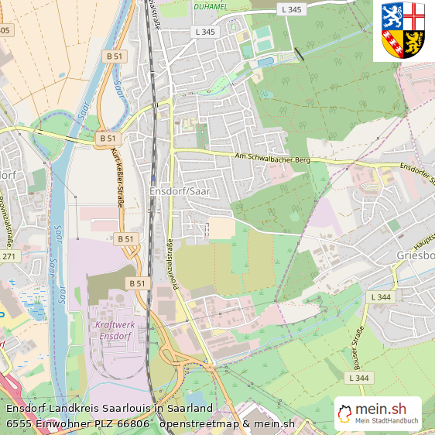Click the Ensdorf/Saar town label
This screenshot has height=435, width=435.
coord(180,192)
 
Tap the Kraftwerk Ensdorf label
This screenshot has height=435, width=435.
coord(114,331)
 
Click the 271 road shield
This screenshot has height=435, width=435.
coord(9,255)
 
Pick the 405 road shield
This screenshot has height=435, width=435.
coord(5,30)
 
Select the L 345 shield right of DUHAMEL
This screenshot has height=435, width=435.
coord(293,9)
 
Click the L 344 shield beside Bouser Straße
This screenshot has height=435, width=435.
coord(359,378)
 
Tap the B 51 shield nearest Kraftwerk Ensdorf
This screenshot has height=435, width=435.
coord(136,283)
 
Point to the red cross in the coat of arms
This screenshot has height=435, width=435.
coord(415,15)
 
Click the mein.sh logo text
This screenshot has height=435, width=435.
coord(381,409)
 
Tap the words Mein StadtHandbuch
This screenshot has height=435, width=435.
coord(386,422)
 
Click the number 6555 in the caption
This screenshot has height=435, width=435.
coord(19,423)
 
